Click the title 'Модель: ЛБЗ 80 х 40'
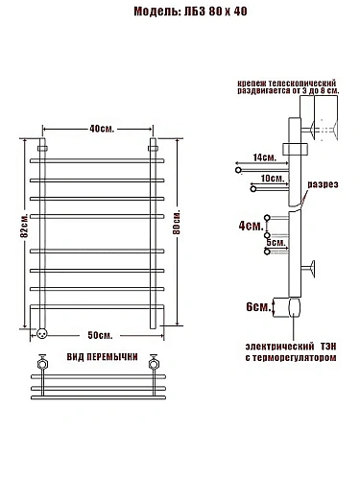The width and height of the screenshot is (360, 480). pos(190,12)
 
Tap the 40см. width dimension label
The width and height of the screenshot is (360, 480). pos(102,129)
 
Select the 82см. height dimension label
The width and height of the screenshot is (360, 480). pos(24,226)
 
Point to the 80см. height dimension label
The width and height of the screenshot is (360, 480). pos(177,223)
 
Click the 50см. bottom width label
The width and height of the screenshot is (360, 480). pos(100,335)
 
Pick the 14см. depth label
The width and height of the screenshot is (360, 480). pos(264,157)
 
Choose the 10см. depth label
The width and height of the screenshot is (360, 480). pos(273,179)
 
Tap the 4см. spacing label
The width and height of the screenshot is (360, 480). pos(252,226)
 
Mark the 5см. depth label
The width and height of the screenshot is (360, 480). pos(276,243)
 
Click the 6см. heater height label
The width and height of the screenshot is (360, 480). pos(258,307)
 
